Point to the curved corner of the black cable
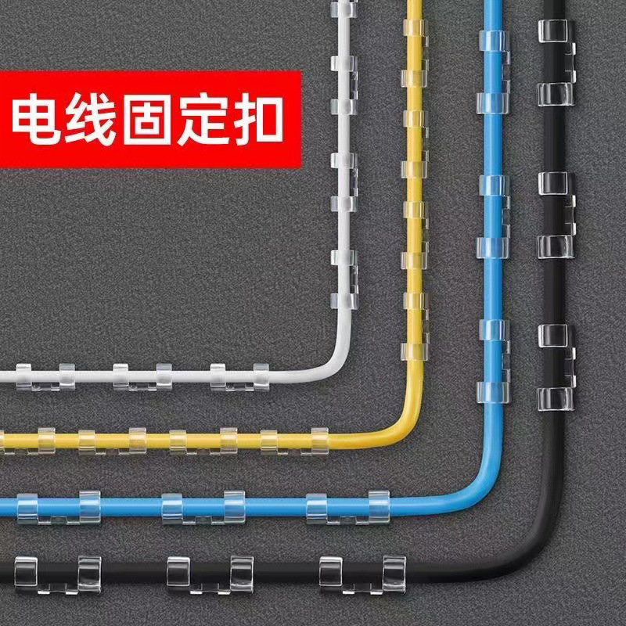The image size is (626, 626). [540, 548]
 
